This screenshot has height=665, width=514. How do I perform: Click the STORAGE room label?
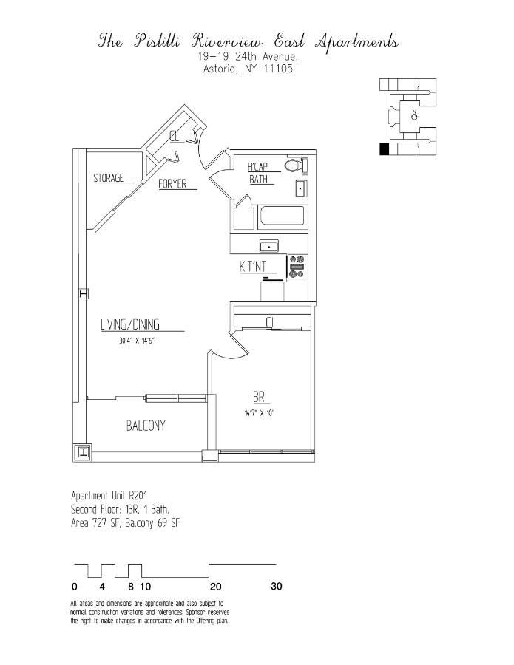click(x=108, y=178)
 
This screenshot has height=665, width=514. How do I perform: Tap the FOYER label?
click(x=172, y=184)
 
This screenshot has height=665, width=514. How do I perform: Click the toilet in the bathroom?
click(x=293, y=166)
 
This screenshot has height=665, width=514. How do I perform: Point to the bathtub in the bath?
click(x=280, y=217)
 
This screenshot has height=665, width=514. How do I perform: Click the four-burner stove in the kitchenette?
click(x=297, y=267)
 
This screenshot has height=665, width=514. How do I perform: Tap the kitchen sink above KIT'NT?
click(x=268, y=245)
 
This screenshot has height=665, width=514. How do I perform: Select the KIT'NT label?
click(x=253, y=267)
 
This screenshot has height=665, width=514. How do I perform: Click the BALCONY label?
click(x=146, y=426)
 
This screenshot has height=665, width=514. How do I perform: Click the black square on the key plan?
click(x=384, y=149)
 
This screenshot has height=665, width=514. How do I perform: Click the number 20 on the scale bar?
click(x=215, y=587)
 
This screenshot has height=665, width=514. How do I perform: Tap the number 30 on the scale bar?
click(x=276, y=587)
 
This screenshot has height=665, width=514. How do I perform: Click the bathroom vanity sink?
click(x=301, y=189)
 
